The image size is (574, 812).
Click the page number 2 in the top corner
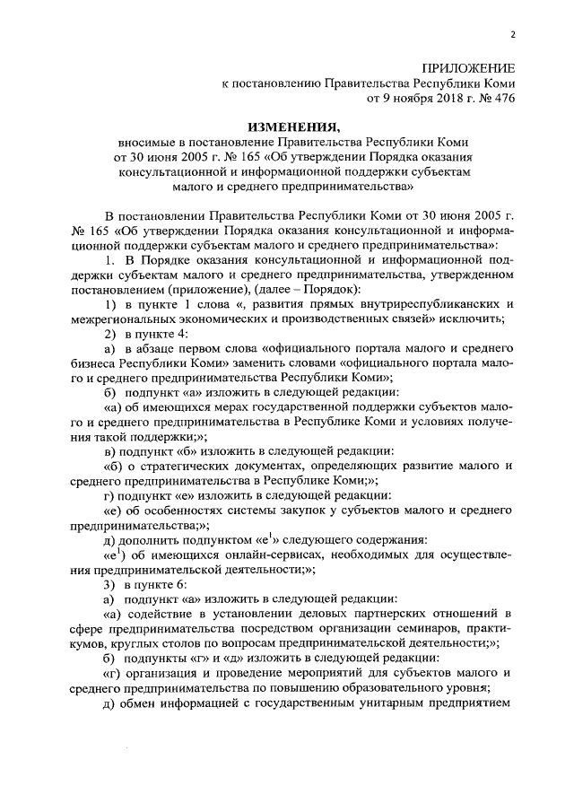pyautogui.click(x=512, y=35)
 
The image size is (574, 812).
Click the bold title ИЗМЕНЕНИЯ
pyautogui.click(x=291, y=127)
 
